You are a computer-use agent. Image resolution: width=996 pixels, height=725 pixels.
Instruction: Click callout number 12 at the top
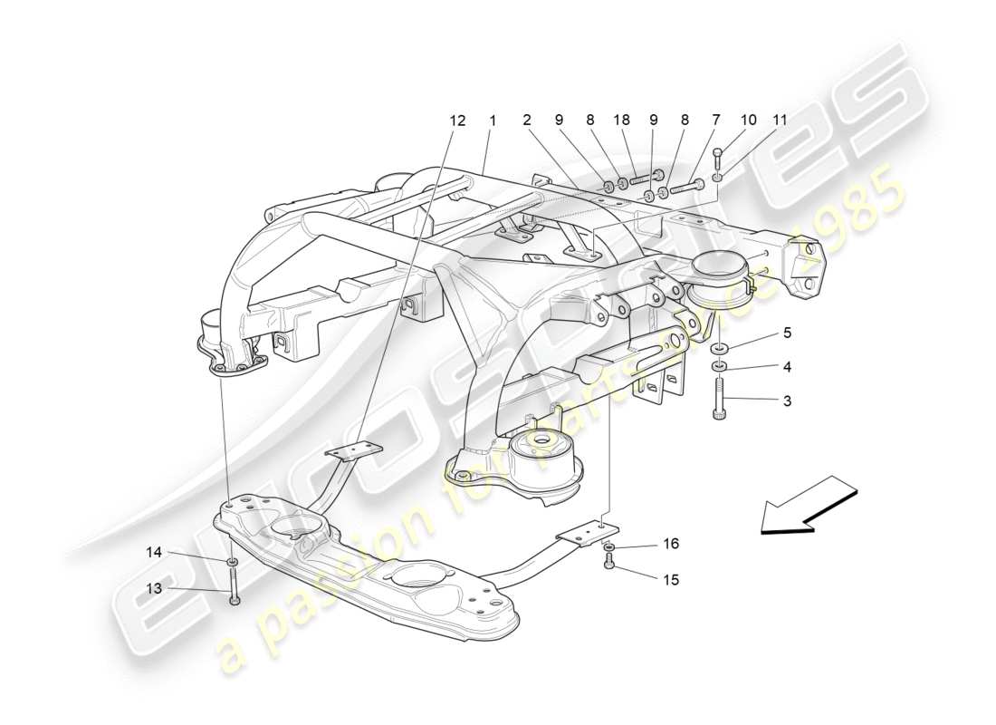(457, 120)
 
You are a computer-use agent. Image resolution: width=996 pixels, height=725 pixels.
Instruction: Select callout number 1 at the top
(493, 120)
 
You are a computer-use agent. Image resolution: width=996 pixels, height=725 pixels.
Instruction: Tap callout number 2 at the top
(526, 120)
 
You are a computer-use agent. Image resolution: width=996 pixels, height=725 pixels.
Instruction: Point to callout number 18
(621, 120)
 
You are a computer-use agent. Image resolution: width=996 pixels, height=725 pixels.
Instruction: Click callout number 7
(716, 120)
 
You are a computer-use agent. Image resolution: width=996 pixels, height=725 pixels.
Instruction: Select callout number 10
(748, 120)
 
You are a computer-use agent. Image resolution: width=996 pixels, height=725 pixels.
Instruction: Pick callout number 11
(780, 120)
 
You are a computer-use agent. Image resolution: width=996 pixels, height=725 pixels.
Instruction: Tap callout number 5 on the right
(787, 333)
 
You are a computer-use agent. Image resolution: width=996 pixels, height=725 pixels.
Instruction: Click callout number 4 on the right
(787, 367)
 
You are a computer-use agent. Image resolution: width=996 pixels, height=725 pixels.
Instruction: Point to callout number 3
(787, 400)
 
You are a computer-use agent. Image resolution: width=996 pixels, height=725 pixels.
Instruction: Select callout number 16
(670, 544)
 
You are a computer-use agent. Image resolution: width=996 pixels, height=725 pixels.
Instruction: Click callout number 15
(670, 579)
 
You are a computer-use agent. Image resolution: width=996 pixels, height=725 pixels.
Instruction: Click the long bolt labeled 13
(235, 585)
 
